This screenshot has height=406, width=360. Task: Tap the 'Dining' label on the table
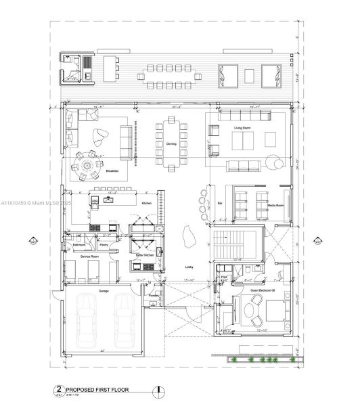pyautogui.click(x=171, y=144)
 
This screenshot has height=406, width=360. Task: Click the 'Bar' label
pyautogui.click(x=220, y=203)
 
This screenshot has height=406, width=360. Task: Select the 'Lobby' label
pyautogui.click(x=189, y=267)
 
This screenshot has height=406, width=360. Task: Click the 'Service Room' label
pyautogui.click(x=90, y=256)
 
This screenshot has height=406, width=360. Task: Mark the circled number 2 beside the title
pyautogui.click(x=59, y=390)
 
